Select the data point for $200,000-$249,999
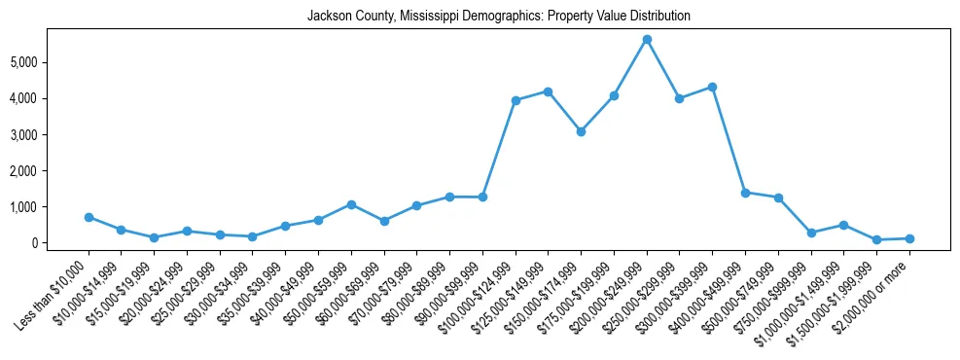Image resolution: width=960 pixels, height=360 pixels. pyautogui.click(x=647, y=40)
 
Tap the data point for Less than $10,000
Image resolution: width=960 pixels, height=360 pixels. pyautogui.click(x=89, y=217)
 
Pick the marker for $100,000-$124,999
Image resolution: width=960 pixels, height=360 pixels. pyautogui.click(x=516, y=100)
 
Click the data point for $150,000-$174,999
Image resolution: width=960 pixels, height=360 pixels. pyautogui.click(x=581, y=131)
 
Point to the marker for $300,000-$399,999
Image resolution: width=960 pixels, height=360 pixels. pyautogui.click(x=712, y=87)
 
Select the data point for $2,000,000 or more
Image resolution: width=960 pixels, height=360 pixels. pyautogui.click(x=909, y=238)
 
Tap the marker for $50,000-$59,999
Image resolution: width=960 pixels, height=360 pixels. pyautogui.click(x=351, y=204)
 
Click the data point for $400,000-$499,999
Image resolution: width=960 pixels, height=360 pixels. pyautogui.click(x=745, y=193)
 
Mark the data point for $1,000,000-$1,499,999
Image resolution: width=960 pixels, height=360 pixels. pyautogui.click(x=843, y=225)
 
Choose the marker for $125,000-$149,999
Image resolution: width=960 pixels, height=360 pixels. pyautogui.click(x=549, y=91)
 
